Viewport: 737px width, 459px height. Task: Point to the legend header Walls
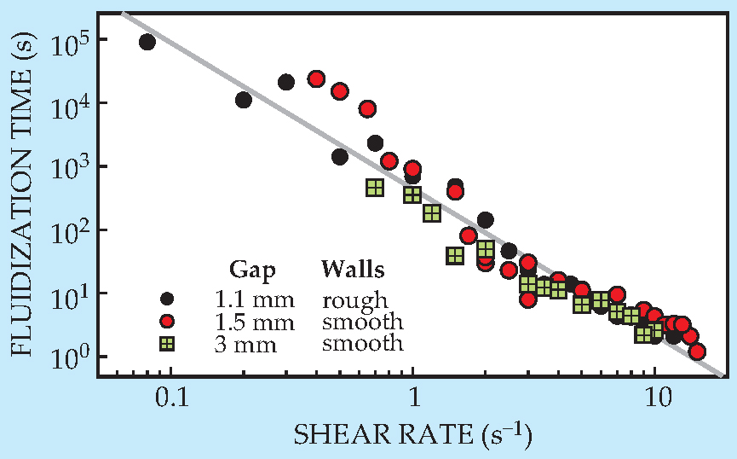(x=353, y=270)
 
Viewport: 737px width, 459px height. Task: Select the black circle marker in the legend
(x=167, y=299)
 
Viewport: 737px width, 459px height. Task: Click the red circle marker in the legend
(x=167, y=322)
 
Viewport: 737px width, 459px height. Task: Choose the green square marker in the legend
(x=167, y=344)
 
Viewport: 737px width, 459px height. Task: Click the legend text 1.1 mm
(x=254, y=300)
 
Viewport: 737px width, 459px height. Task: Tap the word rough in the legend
(x=354, y=301)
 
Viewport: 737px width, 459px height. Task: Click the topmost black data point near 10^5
(x=147, y=42)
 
